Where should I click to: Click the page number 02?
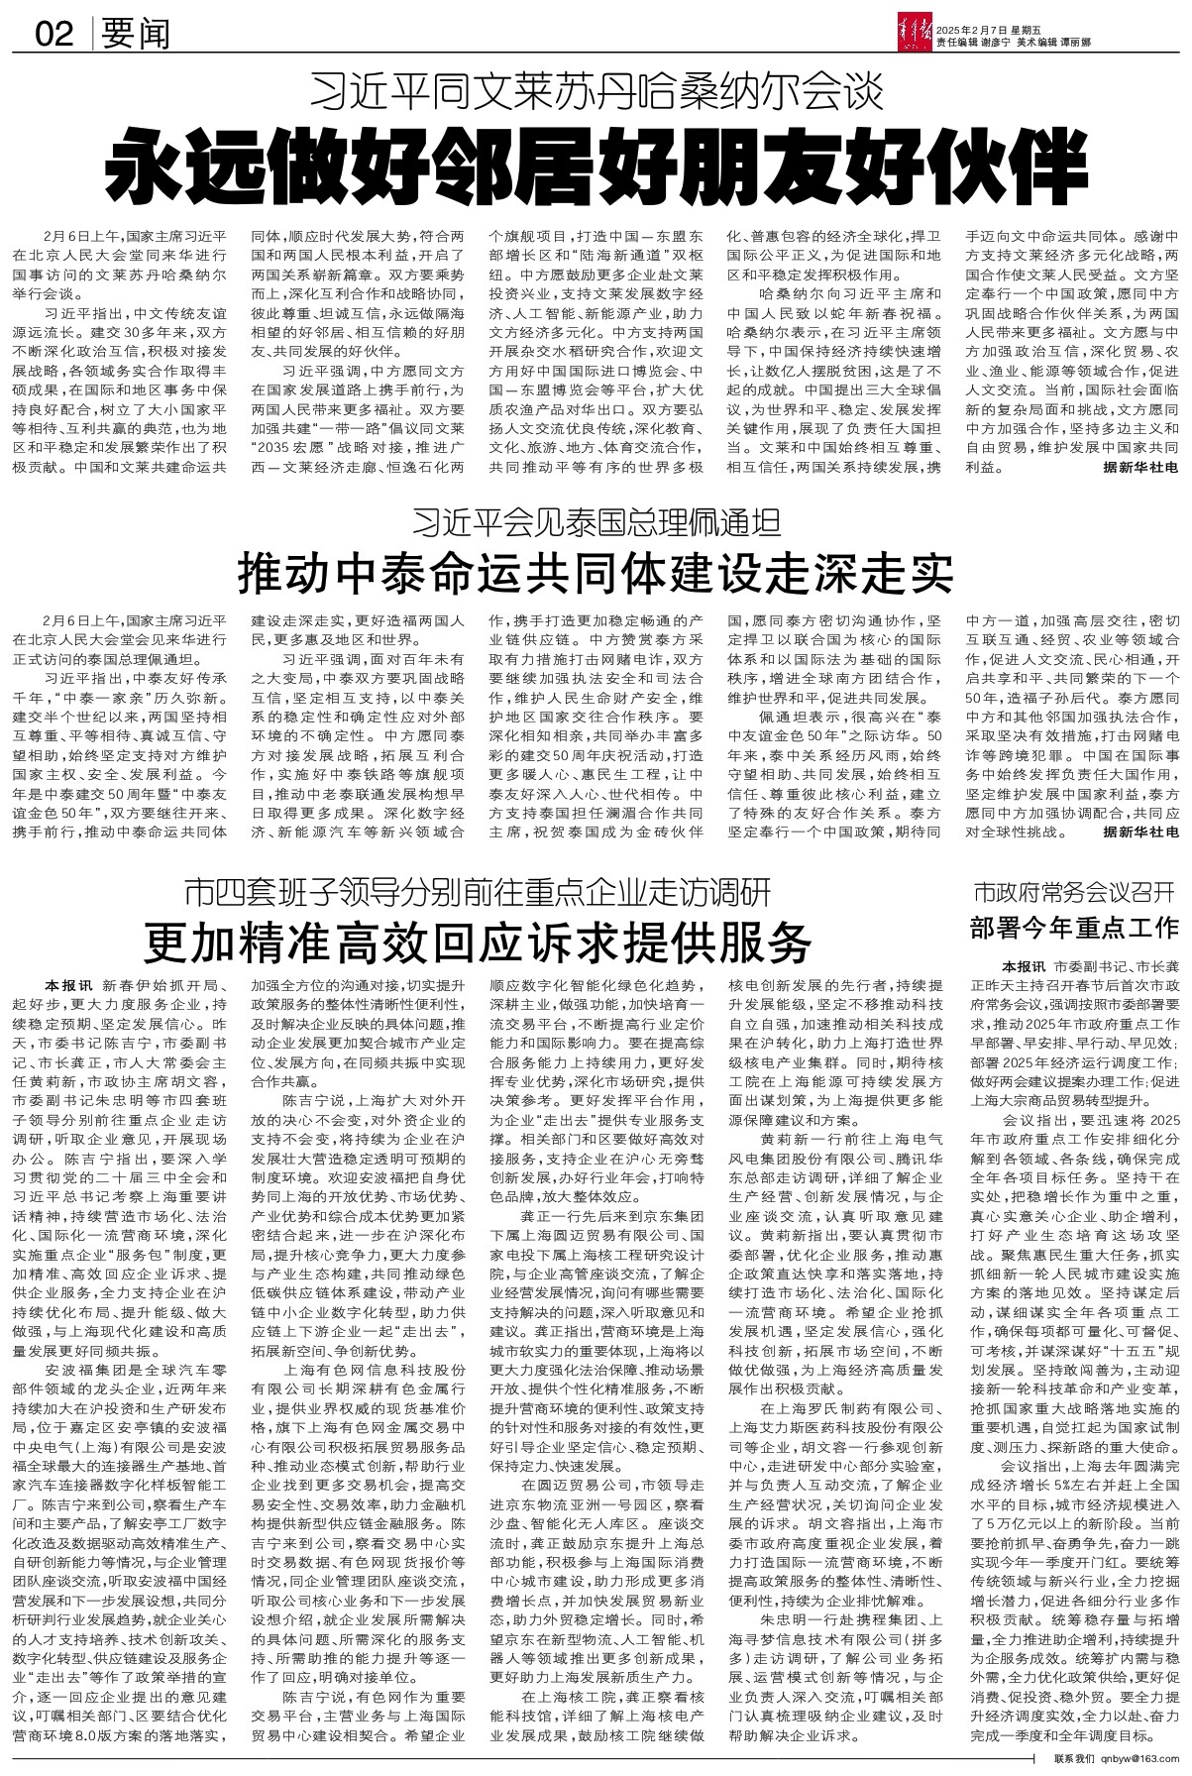coord(54,35)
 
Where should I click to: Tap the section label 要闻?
coord(136,35)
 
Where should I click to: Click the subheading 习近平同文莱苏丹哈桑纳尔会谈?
coord(596,93)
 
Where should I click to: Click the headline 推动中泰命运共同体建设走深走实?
coord(596,573)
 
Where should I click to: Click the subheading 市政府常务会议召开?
coord(1074,891)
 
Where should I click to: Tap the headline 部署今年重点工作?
coord(1074,928)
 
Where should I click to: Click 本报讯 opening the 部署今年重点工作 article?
coord(995,966)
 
